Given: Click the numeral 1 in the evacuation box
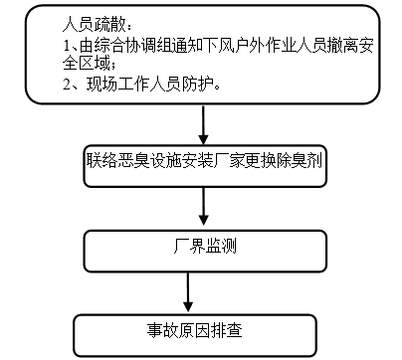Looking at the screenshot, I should point(65,46).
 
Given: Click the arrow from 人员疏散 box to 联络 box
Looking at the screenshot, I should point(203,124).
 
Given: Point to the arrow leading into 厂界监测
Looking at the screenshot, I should point(203,207).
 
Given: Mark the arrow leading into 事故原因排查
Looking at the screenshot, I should point(189,293).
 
